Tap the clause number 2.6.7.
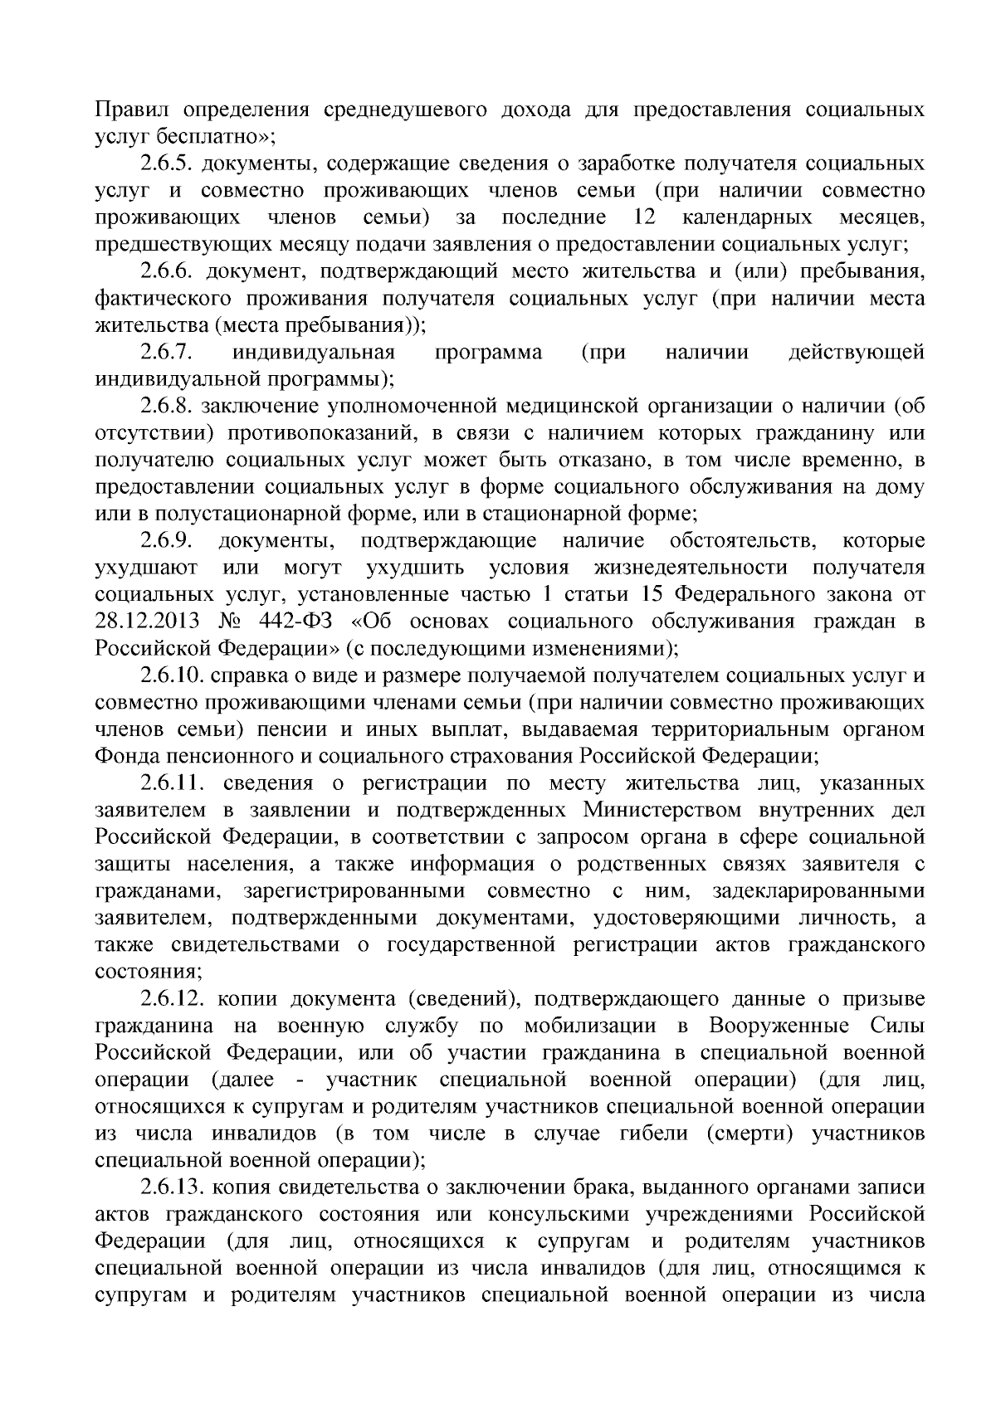(167, 353)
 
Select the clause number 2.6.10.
(172, 676)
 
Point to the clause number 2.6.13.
(172, 1188)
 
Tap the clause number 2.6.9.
(167, 542)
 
